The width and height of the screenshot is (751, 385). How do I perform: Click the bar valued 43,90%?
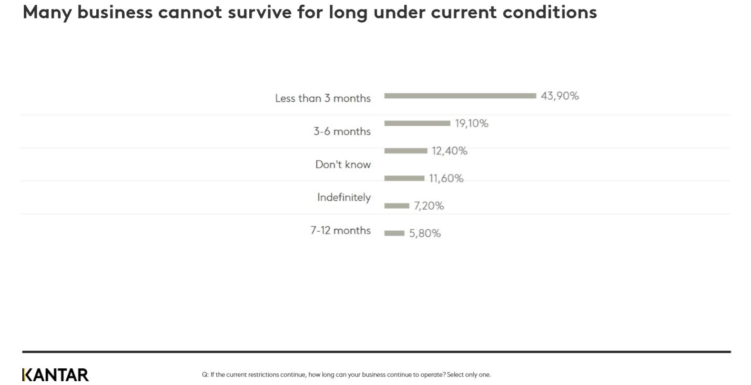click(460, 96)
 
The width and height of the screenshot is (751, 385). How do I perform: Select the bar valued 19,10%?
click(417, 123)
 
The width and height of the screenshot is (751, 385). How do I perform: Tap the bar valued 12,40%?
click(406, 151)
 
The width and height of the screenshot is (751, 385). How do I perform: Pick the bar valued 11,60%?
click(404, 178)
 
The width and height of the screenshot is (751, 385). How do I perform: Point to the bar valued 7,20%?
click(396, 206)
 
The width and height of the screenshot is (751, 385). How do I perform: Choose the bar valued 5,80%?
click(394, 233)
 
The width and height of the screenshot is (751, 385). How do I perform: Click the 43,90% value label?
click(559, 96)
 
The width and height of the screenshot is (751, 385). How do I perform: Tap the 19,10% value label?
click(471, 123)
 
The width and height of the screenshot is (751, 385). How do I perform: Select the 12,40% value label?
click(449, 151)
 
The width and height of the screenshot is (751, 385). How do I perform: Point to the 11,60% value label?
click(446, 178)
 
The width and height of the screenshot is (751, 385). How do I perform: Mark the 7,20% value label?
click(429, 206)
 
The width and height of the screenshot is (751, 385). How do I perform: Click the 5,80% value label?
click(425, 233)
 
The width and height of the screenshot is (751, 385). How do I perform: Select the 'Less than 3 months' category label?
click(323, 98)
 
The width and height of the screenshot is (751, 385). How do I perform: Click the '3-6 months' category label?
click(342, 131)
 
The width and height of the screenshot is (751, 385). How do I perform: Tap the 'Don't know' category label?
click(343, 164)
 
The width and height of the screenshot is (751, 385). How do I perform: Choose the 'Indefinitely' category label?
click(344, 197)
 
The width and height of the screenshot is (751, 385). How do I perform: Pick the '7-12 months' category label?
click(340, 231)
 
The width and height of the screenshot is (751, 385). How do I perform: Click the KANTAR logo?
click(55, 375)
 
